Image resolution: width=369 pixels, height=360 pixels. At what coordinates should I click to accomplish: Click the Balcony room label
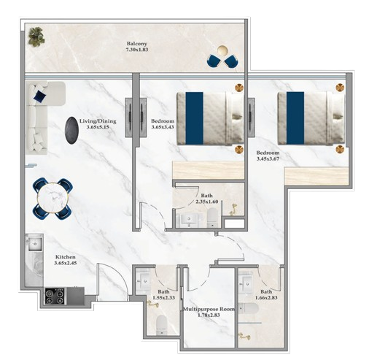pyautogui.click(x=137, y=44)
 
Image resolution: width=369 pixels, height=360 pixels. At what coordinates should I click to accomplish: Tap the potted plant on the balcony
pyautogui.click(x=36, y=37)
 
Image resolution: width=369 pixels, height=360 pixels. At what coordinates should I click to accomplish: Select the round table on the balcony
pyautogui.click(x=222, y=51)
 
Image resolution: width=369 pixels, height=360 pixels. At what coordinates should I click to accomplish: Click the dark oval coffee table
pyautogui.click(x=71, y=130)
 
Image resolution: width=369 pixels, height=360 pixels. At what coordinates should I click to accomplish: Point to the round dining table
pyautogui.click(x=53, y=198)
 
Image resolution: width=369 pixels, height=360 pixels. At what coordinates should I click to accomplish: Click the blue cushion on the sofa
pyautogui.click(x=40, y=96)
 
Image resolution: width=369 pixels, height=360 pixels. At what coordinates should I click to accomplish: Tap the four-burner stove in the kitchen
pyautogui.click(x=55, y=296)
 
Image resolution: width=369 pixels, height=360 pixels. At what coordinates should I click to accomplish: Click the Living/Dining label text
pyautogui.click(x=98, y=121)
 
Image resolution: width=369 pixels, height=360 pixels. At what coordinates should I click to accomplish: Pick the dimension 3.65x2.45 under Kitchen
pyautogui.click(x=66, y=263)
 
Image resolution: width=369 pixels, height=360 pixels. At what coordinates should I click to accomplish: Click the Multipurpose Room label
pyautogui.click(x=209, y=309)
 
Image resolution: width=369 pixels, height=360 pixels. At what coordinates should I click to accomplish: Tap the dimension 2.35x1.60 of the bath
pyautogui.click(x=207, y=202)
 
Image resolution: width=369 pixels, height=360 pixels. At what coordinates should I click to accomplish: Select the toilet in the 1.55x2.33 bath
pyautogui.click(x=161, y=325)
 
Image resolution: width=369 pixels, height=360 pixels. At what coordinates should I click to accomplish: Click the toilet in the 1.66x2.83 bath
pyautogui.click(x=248, y=309)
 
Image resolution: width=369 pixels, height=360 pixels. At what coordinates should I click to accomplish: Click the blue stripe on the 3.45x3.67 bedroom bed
pyautogui.click(x=295, y=118)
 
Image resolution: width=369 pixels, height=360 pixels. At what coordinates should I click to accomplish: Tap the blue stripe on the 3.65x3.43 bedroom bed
pyautogui.click(x=195, y=118)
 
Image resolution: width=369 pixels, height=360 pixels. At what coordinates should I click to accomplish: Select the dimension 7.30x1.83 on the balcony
pyautogui.click(x=137, y=50)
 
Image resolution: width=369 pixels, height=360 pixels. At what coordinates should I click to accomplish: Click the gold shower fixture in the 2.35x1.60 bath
pyautogui.click(x=233, y=210)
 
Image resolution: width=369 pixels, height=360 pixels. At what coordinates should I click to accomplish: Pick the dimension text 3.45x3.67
pyautogui.click(x=268, y=159)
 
